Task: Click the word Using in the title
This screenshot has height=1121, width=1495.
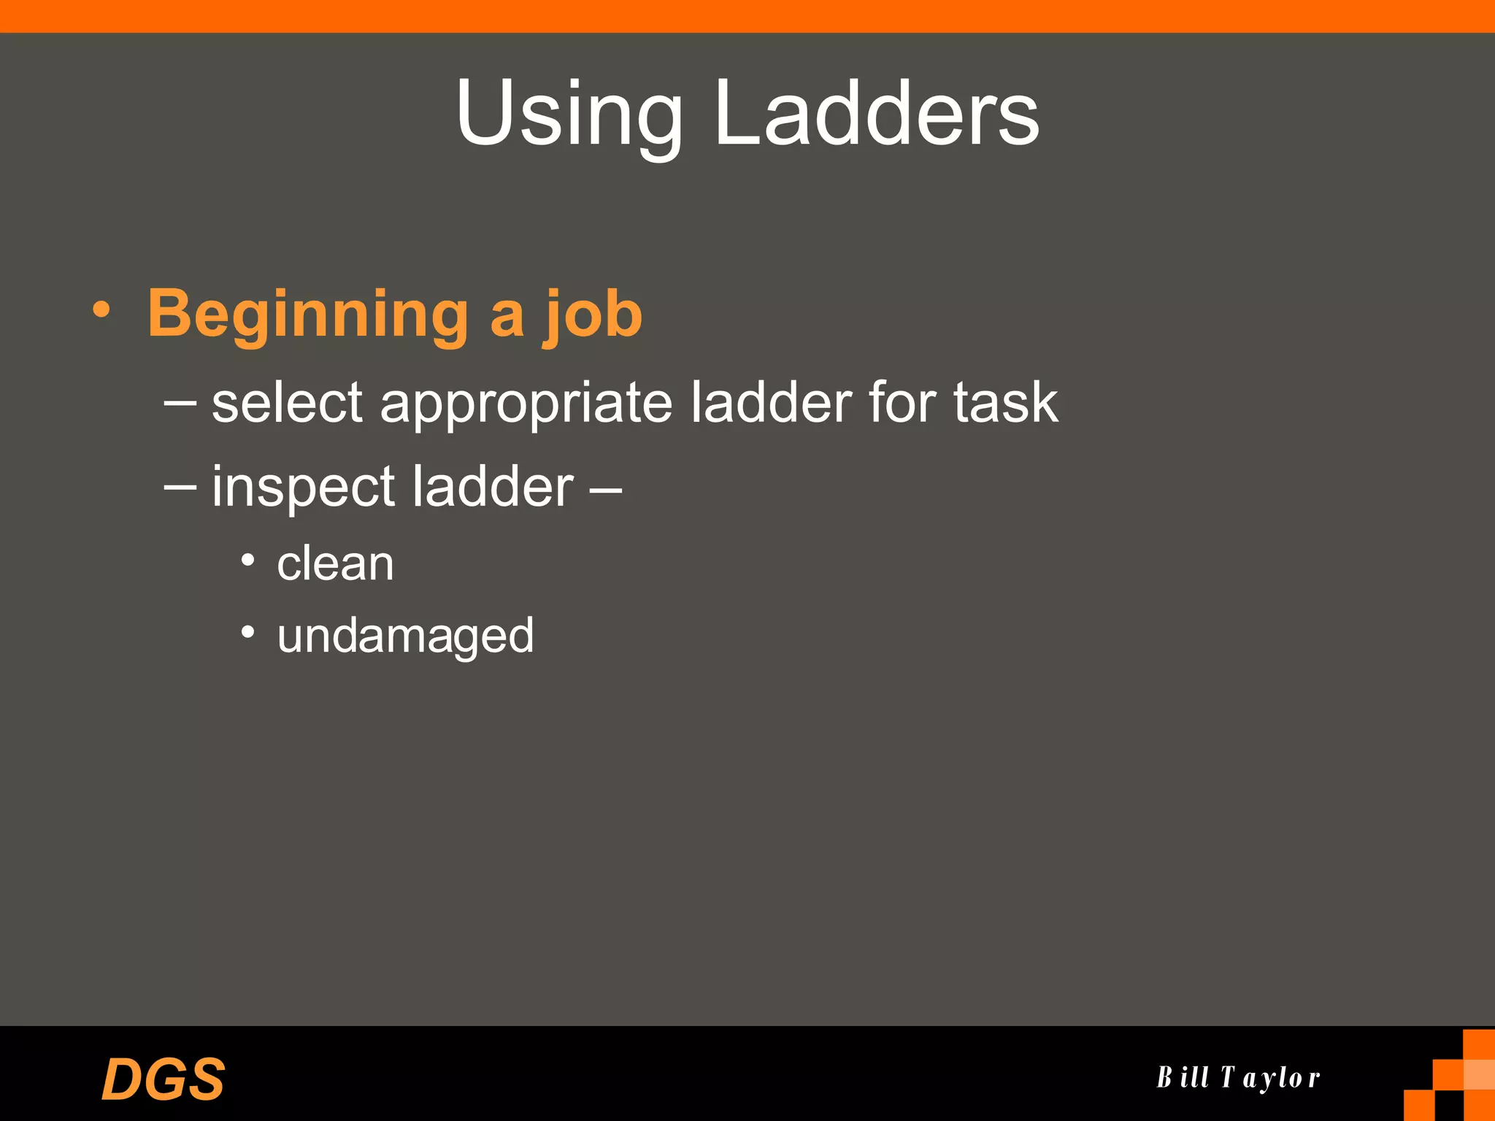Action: (569, 115)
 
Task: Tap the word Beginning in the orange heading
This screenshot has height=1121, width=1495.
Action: (307, 315)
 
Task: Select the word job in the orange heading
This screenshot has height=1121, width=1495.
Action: (592, 315)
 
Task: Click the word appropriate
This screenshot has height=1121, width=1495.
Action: (526, 404)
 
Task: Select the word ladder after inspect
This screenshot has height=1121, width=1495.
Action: (493, 486)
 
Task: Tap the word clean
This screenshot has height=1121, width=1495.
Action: (335, 563)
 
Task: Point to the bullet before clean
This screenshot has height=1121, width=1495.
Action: (248, 560)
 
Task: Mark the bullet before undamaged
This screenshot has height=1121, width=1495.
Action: (248, 631)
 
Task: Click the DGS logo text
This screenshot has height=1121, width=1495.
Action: (163, 1079)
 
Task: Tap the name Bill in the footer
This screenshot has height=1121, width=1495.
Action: (1183, 1077)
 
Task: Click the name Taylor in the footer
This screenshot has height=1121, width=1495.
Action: (1270, 1078)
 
